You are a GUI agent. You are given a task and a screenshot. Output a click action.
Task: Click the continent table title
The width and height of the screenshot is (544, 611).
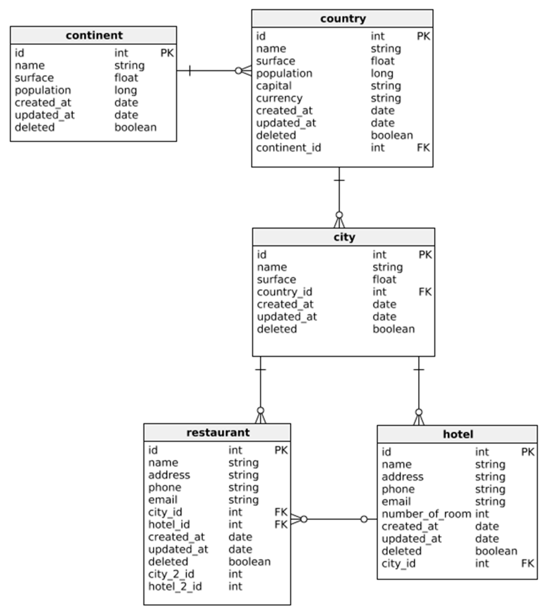[x=94, y=35]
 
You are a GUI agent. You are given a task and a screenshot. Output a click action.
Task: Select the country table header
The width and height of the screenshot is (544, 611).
[x=343, y=19]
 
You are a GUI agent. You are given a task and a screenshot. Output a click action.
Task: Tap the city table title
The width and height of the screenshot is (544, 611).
[x=344, y=237]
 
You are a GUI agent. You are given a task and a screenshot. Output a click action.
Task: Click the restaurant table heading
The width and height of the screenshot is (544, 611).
[x=218, y=432]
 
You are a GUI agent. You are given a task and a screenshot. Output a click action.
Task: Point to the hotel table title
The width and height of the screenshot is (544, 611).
[x=458, y=434]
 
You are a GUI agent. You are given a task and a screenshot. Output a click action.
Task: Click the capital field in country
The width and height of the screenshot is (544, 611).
[x=274, y=86]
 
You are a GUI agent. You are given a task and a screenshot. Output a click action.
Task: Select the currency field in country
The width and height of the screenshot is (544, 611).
[x=279, y=98]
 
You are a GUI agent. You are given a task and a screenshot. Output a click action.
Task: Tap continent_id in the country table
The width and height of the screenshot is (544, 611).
[x=288, y=148]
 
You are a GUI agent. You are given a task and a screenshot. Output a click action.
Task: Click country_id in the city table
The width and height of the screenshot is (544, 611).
[x=284, y=292]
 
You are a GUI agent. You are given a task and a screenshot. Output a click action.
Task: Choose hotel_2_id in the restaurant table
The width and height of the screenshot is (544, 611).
[x=175, y=586]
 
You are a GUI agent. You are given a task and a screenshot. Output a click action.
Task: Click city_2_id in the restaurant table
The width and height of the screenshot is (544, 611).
[x=171, y=574]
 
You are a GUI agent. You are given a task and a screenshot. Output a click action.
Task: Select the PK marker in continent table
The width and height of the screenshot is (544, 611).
[x=167, y=53]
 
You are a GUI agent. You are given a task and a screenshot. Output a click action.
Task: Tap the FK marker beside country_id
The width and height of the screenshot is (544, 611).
[x=425, y=292]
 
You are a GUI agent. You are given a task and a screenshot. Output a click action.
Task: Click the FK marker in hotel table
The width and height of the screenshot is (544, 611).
[x=528, y=563]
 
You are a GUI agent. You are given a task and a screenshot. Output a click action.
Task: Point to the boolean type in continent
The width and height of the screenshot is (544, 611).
[x=136, y=127]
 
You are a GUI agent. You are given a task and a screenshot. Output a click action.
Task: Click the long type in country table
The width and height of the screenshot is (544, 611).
[x=382, y=73]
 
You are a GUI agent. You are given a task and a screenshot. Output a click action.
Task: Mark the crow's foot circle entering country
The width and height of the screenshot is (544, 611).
[x=239, y=71]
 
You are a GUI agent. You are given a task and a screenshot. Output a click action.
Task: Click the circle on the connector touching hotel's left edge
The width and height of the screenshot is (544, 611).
[x=364, y=519]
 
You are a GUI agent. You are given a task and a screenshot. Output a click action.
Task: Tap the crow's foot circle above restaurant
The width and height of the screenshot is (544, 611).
[x=260, y=411]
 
